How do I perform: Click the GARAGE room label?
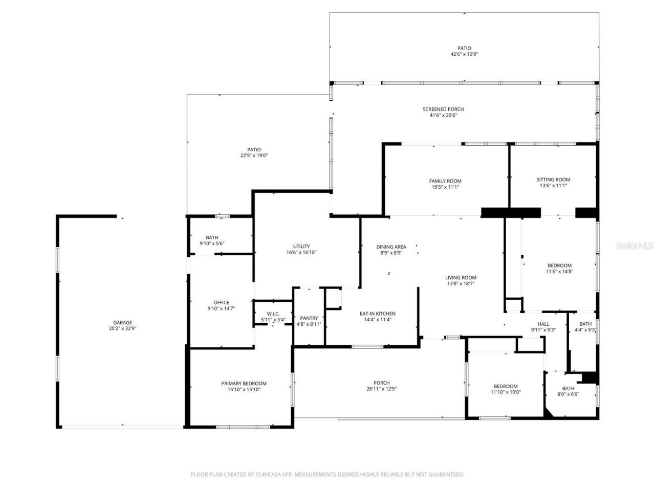[122, 322]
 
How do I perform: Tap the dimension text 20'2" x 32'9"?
[122, 329]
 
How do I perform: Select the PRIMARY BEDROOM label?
[244, 384]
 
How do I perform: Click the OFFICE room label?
[221, 302]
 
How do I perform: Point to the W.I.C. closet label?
[273, 314]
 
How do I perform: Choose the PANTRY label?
[309, 318]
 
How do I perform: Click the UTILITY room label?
[301, 246]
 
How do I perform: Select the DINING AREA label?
[391, 247]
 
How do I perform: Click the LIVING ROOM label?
[461, 278]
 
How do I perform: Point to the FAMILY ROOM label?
[445, 181]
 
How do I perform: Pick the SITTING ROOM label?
[553, 180]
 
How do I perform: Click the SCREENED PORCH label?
[443, 109]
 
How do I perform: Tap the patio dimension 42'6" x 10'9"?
[464, 54]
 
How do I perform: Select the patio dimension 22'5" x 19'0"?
[254, 155]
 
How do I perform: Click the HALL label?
[543, 324]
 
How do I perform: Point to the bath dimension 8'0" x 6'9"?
[568, 394]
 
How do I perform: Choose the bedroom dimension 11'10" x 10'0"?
[506, 392]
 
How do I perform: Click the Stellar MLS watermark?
[635, 245]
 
